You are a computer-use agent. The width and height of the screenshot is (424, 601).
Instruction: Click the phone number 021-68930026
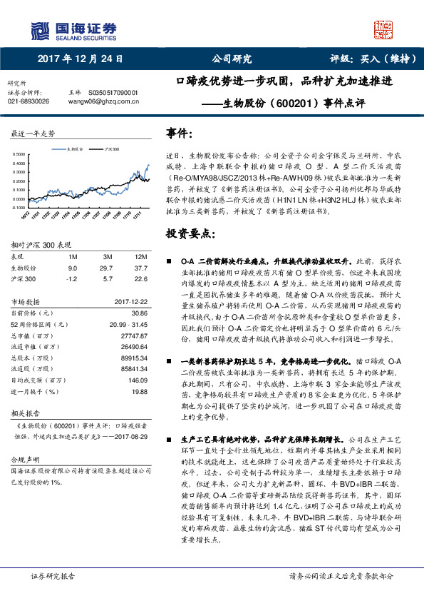(28, 101)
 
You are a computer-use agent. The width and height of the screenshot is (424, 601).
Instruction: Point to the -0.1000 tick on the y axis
(17, 208)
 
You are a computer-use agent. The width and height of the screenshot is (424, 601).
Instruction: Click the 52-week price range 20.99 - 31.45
(126, 324)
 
